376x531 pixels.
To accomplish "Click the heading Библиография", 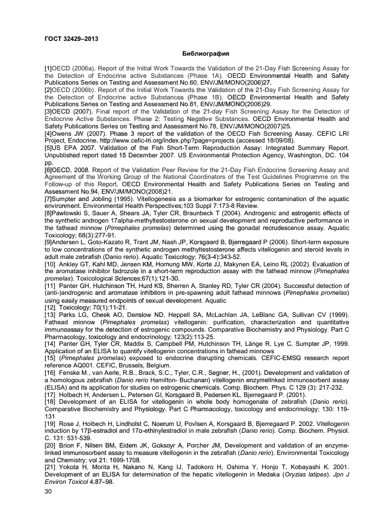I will (205, 54).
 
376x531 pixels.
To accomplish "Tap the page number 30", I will (48, 492).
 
